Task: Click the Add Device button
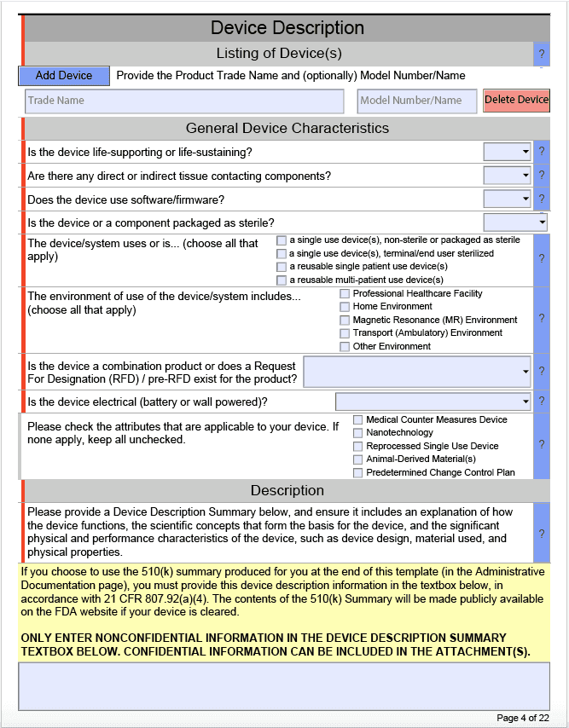64,76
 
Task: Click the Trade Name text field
184,101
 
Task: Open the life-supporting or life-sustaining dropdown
508,152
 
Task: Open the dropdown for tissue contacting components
508,176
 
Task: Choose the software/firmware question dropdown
508,199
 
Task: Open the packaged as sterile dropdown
515,222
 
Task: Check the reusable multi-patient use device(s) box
282,280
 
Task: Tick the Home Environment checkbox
345,307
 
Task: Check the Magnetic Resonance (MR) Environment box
345,320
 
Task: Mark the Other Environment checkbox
345,346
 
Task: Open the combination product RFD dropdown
417,372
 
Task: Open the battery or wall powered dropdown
433,402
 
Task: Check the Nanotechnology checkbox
358,433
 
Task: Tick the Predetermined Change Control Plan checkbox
358,472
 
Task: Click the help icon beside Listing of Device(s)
542,54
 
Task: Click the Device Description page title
287,28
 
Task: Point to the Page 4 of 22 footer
522,718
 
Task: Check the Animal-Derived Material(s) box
358,459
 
